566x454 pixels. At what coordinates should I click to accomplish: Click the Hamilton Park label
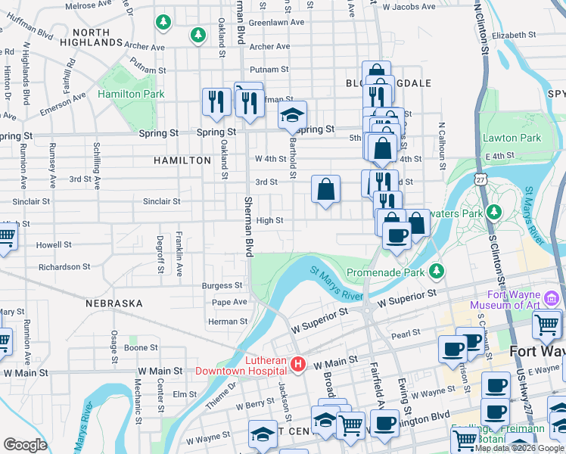pos(131,94)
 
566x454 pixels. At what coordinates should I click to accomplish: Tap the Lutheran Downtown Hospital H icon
pos(298,365)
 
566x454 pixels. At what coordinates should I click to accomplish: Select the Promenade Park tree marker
pos(437,271)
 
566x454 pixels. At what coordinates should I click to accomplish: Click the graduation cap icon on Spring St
pos(292,116)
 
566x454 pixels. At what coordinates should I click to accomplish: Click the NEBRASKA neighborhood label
pos(114,303)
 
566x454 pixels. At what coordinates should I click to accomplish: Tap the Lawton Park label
pos(512,138)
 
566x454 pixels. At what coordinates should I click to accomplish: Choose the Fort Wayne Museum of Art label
pos(505,300)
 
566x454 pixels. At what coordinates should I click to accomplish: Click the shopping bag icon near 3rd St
pos(325,190)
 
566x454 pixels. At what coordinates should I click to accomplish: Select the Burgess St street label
pos(222,286)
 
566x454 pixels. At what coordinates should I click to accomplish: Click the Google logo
pos(26,444)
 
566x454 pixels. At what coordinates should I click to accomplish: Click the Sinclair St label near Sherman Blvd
pos(162,202)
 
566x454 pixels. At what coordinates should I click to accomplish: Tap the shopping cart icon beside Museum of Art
pos(546,325)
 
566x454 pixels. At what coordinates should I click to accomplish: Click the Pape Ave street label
pos(230,302)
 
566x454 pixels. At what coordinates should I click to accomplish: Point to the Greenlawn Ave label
pos(276,23)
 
